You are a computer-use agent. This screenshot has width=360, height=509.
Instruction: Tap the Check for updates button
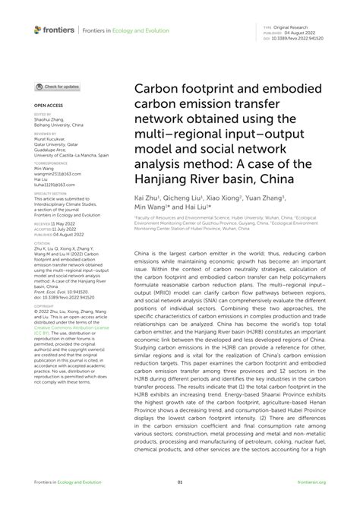coord(57,87)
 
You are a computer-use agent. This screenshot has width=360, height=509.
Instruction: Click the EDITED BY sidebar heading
coord(43,114)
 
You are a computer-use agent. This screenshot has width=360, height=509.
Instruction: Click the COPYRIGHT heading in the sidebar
coord(44,306)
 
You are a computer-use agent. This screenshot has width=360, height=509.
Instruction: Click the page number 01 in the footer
coord(180,482)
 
